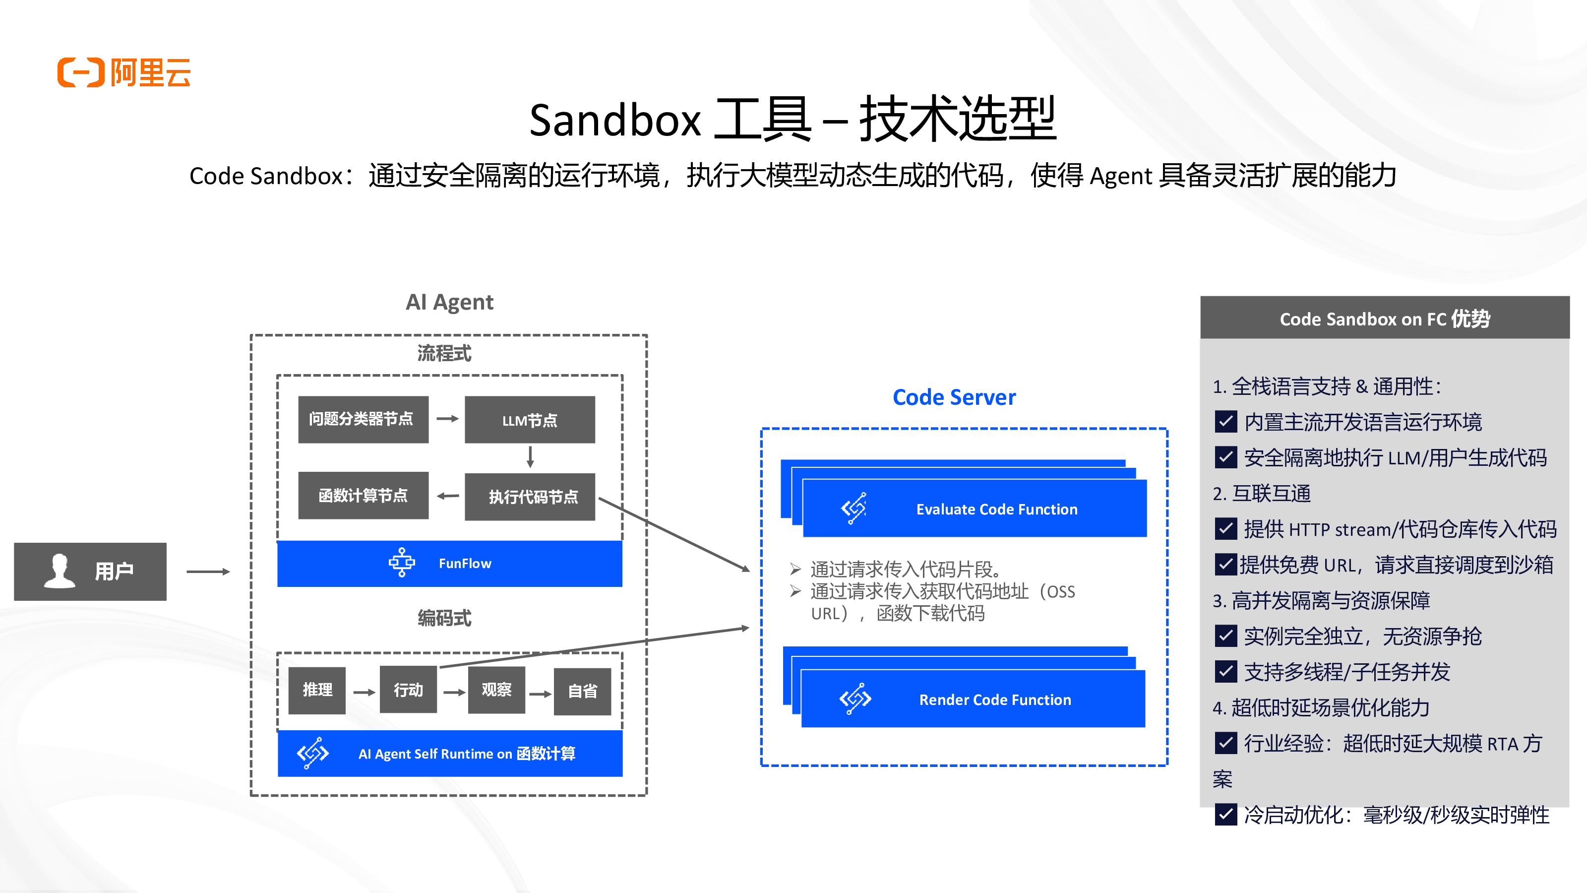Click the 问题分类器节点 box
point(363,420)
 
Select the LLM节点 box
point(530,420)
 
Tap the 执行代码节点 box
point(530,497)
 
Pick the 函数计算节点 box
point(363,496)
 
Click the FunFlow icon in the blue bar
point(402,563)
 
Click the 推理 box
point(317,690)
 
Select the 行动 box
point(408,690)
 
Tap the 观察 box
point(496,690)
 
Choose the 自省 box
point(582,691)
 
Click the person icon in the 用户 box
point(60,571)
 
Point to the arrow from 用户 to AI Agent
point(208,572)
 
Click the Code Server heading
point(954,397)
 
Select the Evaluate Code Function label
point(996,510)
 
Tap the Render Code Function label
point(995,700)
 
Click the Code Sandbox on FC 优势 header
point(1384,319)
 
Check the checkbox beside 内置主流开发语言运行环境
point(1225,422)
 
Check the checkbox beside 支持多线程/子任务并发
point(1225,672)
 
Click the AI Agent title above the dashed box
point(449,302)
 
